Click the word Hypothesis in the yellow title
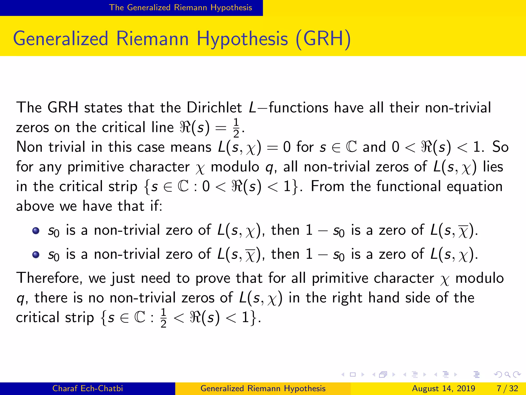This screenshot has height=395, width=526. click(242, 39)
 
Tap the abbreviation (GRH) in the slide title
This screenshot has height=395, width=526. click(323, 39)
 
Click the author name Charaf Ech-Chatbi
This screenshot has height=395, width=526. click(88, 388)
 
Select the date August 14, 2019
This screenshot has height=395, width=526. click(444, 388)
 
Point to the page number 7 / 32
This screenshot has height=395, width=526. click(507, 388)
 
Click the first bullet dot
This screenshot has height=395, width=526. click(36, 230)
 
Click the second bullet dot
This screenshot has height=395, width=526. click(36, 255)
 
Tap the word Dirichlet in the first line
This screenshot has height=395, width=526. click(214, 107)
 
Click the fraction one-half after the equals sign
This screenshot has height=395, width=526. click(236, 128)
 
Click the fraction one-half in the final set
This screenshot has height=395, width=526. click(163, 318)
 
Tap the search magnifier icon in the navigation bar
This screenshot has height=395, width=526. click(507, 375)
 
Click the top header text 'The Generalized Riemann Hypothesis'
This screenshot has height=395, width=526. click(181, 7)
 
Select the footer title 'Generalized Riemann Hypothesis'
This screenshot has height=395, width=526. click(263, 388)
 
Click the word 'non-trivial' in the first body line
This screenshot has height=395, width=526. click(458, 107)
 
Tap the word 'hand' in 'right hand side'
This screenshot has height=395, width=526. click(384, 298)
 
